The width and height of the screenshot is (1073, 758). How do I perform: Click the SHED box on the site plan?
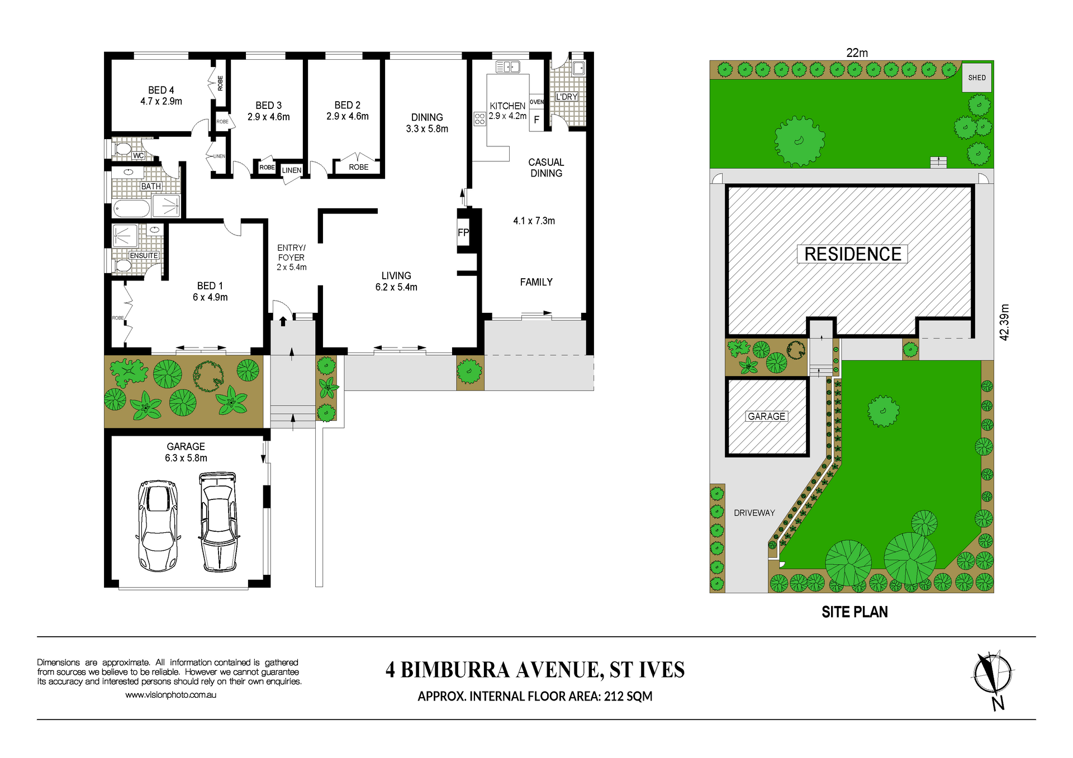click(976, 77)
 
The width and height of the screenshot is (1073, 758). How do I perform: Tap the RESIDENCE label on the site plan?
click(852, 254)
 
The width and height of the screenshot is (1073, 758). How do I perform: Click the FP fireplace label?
click(463, 232)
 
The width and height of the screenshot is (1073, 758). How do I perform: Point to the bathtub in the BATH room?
click(131, 209)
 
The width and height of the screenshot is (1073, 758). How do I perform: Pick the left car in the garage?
click(158, 525)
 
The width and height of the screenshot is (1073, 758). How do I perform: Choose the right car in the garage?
click(219, 522)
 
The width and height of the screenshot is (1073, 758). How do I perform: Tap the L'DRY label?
click(566, 97)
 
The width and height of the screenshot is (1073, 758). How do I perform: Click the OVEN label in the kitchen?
click(536, 102)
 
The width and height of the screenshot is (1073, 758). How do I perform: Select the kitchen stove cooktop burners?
click(479, 118)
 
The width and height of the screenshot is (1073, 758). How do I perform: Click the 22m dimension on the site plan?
click(857, 53)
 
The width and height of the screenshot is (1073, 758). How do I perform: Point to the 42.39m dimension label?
click(1004, 322)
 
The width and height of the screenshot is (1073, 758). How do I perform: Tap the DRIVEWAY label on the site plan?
click(754, 513)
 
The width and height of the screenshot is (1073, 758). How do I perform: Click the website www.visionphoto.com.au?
click(170, 695)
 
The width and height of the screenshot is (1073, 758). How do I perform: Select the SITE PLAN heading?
click(854, 612)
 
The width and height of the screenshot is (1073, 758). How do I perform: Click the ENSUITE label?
click(144, 255)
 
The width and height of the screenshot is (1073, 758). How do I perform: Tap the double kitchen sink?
click(507, 67)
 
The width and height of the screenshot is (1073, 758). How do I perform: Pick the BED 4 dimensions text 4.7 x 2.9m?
click(161, 102)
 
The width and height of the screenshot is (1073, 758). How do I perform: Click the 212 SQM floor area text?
click(628, 697)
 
